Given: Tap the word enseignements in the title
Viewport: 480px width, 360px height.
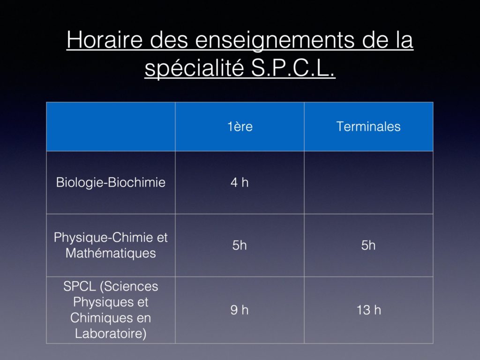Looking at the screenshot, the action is coord(275,41).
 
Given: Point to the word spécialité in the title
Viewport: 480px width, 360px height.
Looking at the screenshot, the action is coord(194,68).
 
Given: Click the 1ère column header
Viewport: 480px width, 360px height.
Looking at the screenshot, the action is coord(240,127).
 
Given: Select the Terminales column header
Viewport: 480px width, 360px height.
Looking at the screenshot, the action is coord(368,127).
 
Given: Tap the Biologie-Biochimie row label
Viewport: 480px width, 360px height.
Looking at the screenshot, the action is coord(111,182).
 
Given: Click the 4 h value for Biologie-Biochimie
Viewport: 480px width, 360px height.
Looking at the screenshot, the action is coord(240,182).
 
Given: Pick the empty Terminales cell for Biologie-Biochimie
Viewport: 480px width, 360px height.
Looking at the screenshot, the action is coord(368,182).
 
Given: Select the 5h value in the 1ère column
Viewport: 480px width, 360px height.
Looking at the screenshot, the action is coord(240,245).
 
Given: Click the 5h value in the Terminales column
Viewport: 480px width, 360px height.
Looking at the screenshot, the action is coord(368,245).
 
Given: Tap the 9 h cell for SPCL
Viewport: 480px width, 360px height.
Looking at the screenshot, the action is coord(240,310).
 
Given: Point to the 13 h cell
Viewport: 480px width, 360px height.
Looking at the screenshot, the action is coord(368,310).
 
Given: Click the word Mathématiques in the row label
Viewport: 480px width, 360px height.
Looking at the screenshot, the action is coord(111,254).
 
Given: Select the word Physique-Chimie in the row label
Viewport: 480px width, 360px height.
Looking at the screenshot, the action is coord(104,238).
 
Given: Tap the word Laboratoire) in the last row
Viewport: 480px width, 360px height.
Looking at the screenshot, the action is coord(111,334).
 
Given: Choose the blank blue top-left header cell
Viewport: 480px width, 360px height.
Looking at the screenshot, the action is coord(111,127).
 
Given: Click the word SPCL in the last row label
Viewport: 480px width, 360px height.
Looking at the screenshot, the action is coord(79,286).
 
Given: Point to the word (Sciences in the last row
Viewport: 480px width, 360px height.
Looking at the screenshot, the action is coord(129,286).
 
